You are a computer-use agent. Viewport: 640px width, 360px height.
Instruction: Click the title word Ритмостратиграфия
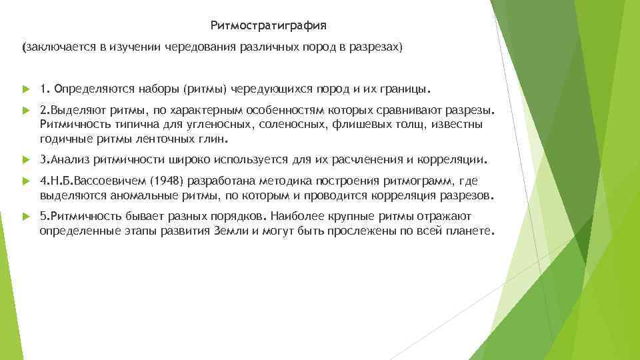(269, 26)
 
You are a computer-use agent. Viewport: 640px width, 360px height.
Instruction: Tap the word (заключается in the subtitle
(51, 49)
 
